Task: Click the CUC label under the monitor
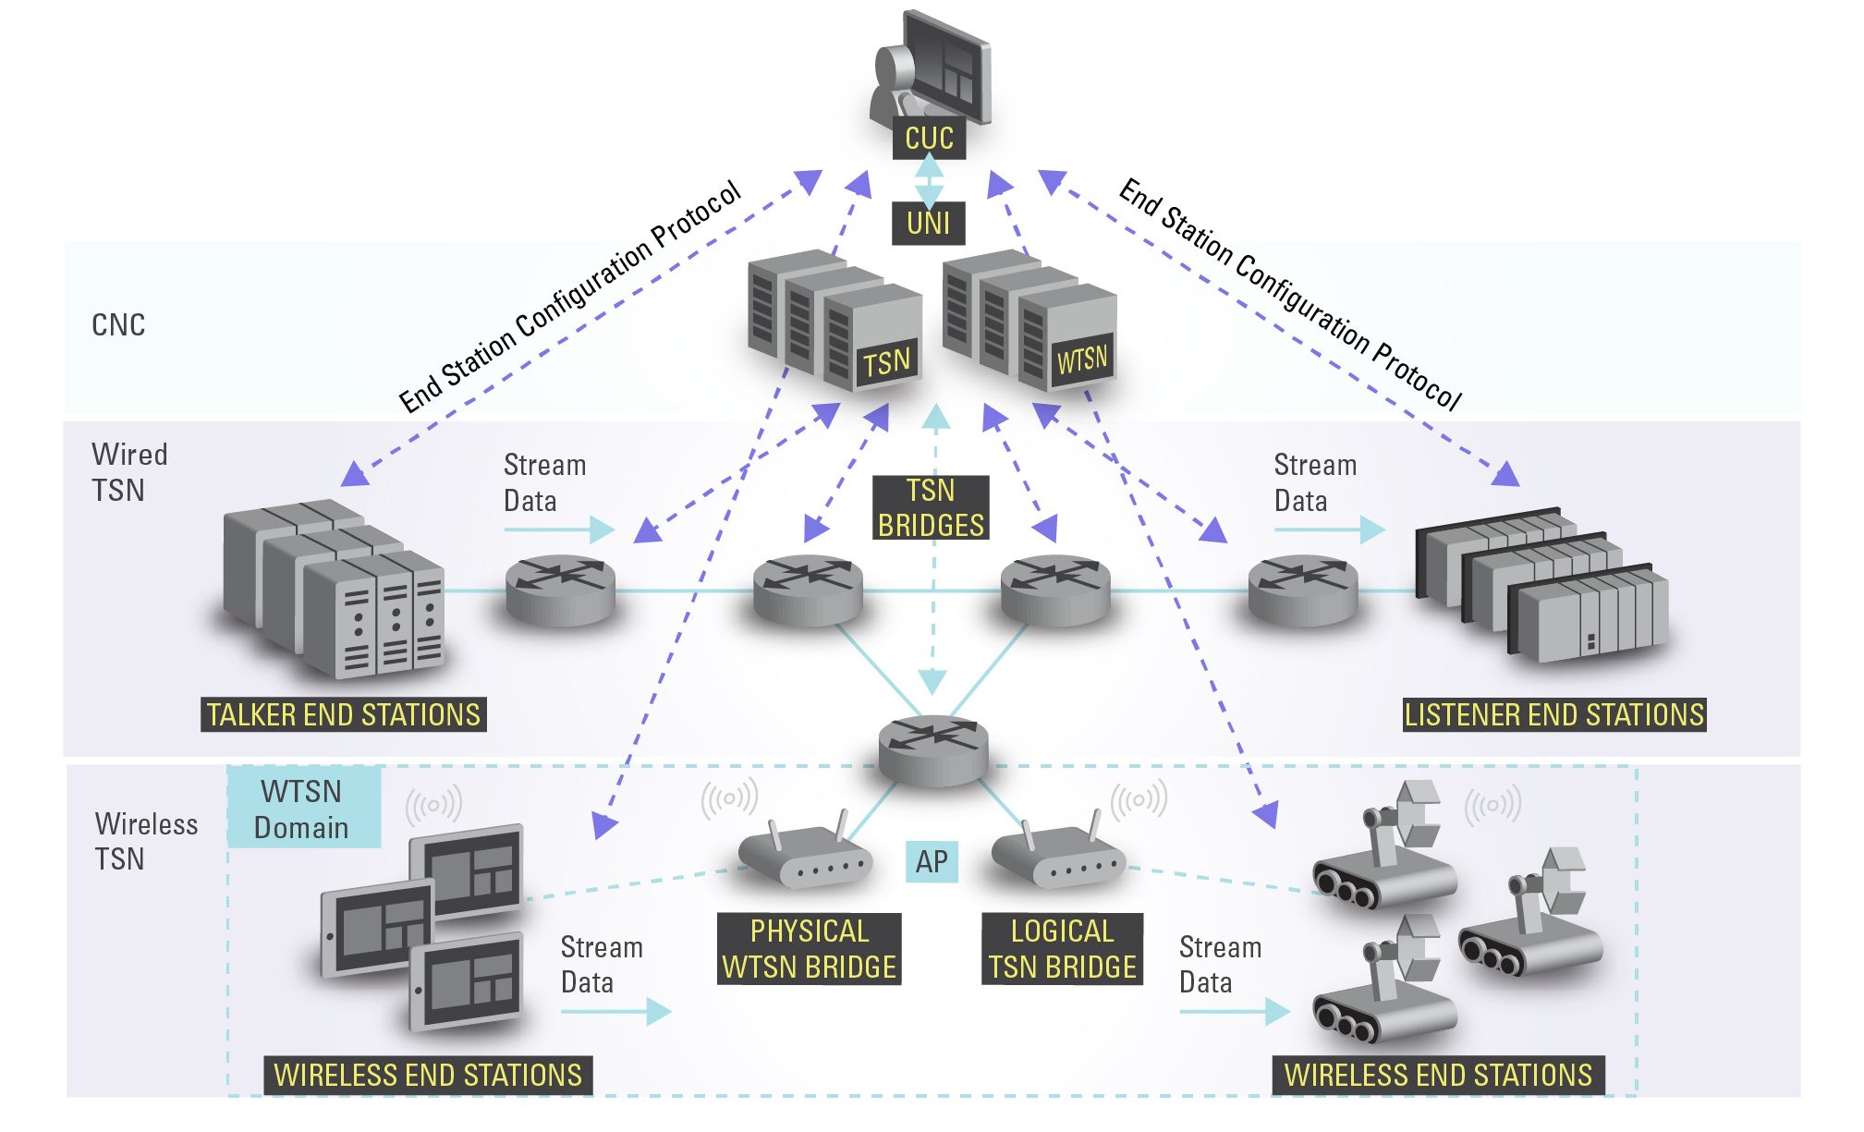[x=929, y=139]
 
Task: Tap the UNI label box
[x=928, y=224]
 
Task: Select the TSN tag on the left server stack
[x=886, y=363]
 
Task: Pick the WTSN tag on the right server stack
[x=1081, y=359]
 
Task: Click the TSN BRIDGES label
[x=931, y=508]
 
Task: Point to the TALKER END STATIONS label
[x=343, y=715]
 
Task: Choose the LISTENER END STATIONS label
[x=1553, y=715]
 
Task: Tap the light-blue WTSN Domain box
[x=303, y=809]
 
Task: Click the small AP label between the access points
[x=932, y=862]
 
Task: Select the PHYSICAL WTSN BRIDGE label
[x=809, y=949]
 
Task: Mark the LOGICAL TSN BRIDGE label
[x=1062, y=949]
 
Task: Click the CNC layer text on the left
[x=118, y=325]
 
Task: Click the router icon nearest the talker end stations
[x=560, y=590]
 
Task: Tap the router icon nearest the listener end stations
[x=1303, y=590]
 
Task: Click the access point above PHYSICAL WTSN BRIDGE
[x=805, y=856]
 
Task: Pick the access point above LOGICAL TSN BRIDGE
[x=1058, y=856]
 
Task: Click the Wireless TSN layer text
[x=146, y=841]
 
